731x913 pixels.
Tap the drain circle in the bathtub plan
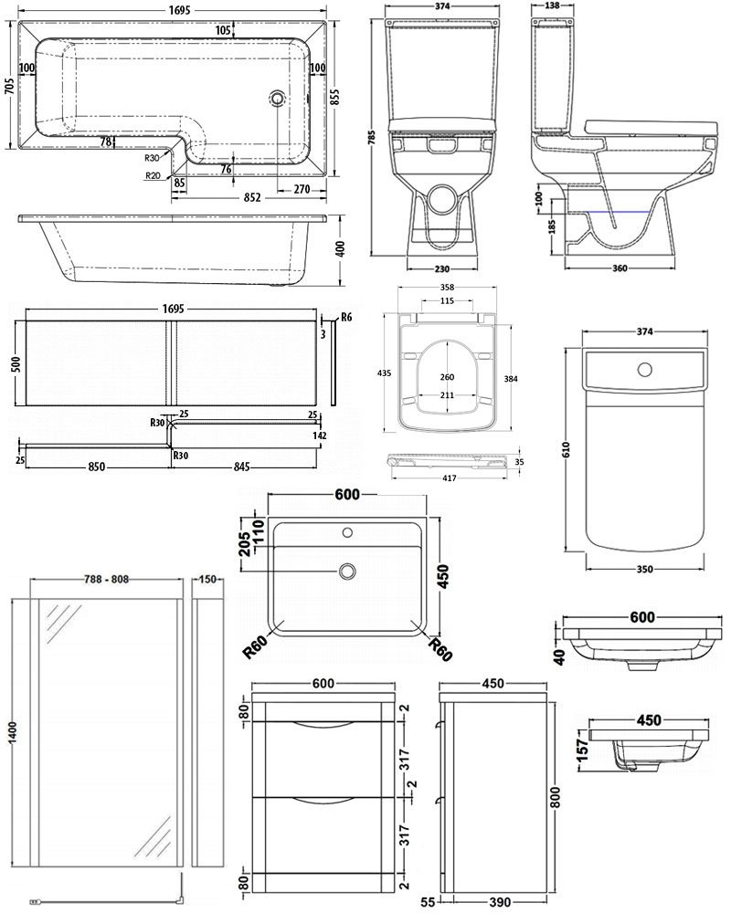(x=277, y=99)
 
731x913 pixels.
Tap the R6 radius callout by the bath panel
(x=344, y=317)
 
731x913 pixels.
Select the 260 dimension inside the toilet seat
(x=447, y=377)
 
